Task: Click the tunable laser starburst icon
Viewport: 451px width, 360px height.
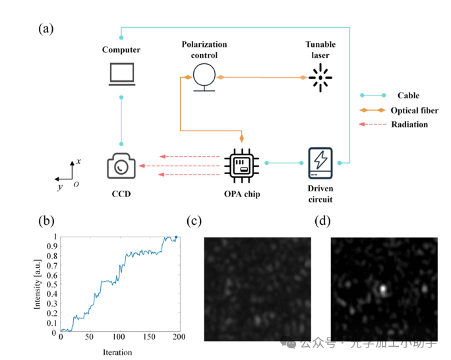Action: click(x=321, y=78)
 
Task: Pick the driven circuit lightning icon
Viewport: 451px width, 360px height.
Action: click(x=321, y=163)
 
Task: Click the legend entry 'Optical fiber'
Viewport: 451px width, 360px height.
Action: click(x=413, y=110)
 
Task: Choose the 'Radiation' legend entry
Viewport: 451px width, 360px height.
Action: click(x=409, y=125)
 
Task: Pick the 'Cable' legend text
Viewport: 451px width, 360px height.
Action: click(x=407, y=96)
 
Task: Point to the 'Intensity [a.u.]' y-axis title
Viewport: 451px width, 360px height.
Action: click(x=39, y=284)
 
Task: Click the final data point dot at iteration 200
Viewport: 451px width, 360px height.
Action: click(x=176, y=237)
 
